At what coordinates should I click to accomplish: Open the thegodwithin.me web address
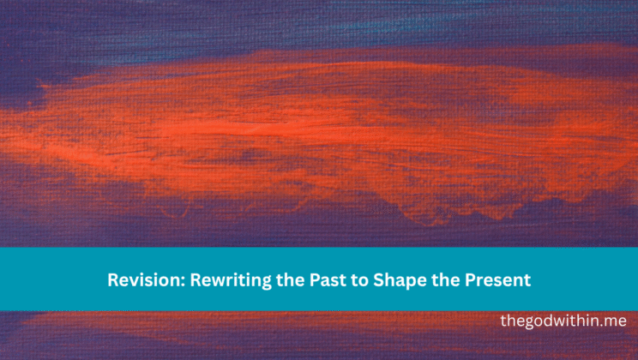tap(563, 321)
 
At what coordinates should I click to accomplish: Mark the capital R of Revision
tap(112, 279)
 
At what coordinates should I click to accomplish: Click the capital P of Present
tap(454, 279)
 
